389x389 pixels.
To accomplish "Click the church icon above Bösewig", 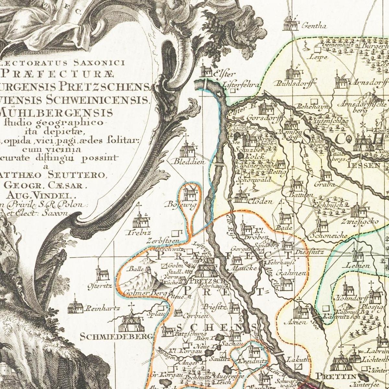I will pyautogui.click(x=189, y=194).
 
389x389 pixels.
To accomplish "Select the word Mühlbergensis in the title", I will pyautogui.click(x=57, y=112).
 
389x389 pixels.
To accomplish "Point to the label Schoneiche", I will pyautogui.click(x=329, y=236).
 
